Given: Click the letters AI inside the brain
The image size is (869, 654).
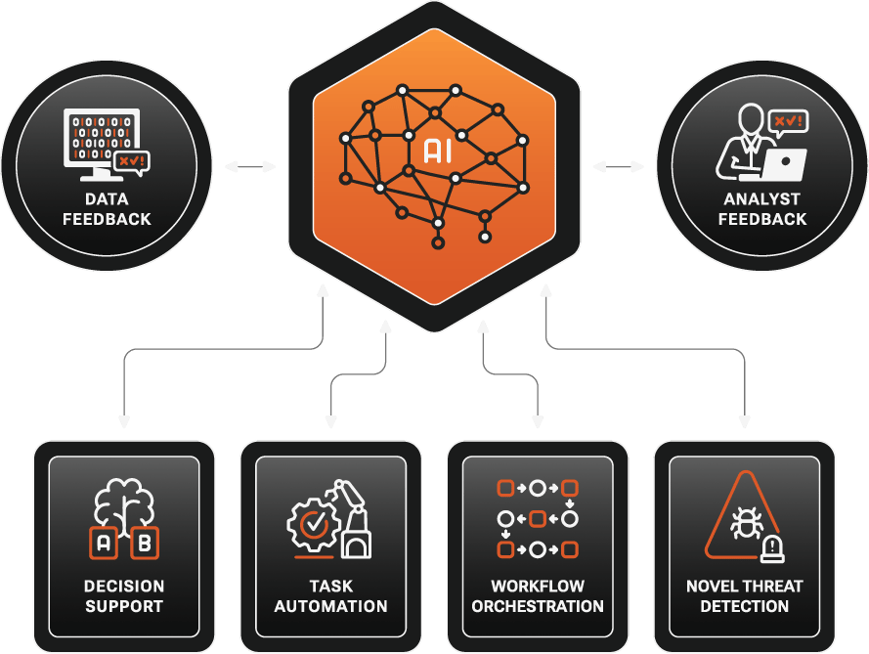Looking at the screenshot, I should [x=436, y=151].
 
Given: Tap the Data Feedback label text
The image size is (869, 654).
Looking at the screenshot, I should [x=107, y=209].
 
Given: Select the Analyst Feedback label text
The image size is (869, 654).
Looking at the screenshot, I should [x=762, y=209].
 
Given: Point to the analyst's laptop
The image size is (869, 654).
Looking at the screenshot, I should [x=784, y=164].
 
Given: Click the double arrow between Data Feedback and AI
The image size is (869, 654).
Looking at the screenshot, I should [x=250, y=167].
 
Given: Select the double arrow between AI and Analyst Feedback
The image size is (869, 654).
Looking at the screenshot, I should [x=619, y=167].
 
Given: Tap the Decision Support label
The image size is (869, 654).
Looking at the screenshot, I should [x=124, y=596].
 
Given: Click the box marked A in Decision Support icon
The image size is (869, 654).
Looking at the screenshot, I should [x=103, y=544].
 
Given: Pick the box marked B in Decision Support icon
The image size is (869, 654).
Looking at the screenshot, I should [x=145, y=544].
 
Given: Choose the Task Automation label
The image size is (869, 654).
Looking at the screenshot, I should [x=330, y=596].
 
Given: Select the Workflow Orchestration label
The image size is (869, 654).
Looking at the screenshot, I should [x=538, y=596].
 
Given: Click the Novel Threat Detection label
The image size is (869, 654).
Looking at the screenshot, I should [x=744, y=596].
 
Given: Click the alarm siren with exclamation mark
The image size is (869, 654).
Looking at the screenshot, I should [x=774, y=549].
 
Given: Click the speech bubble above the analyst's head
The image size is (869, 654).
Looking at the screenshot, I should [x=787, y=122].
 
